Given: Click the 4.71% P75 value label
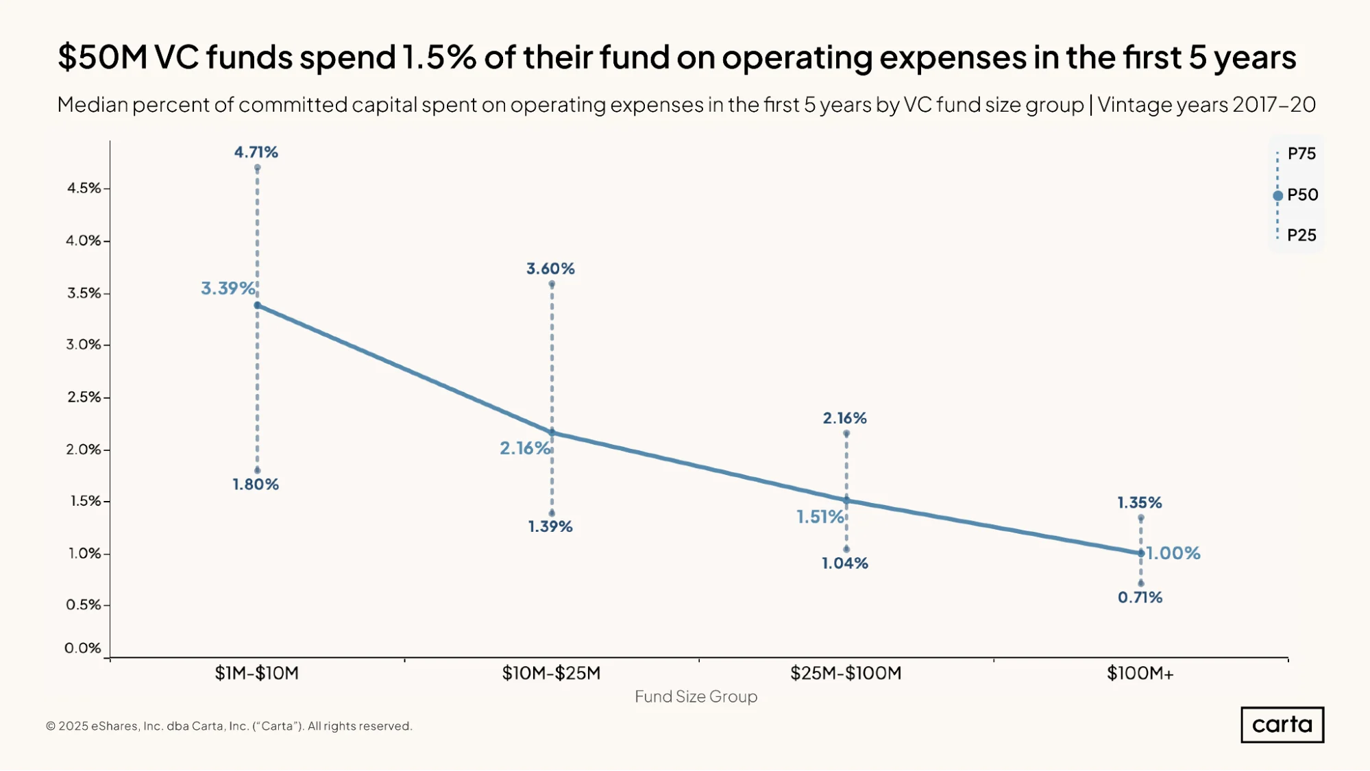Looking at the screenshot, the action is (256, 152).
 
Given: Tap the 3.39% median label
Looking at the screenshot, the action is (228, 289).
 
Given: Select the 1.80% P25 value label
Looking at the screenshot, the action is (256, 485).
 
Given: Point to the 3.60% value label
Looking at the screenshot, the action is (550, 269).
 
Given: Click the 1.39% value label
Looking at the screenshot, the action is (550, 527).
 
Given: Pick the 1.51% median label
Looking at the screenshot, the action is (820, 517).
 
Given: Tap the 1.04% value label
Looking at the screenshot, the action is (845, 563).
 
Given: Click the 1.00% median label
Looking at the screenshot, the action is (1173, 553).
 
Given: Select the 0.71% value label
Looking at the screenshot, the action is (1140, 598).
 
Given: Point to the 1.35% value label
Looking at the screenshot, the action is (1140, 503).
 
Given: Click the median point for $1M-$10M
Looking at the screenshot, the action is (257, 306).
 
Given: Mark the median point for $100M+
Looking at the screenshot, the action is (1141, 553).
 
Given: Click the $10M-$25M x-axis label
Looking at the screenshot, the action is (551, 674).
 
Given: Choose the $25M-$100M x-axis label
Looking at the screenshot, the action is (846, 674).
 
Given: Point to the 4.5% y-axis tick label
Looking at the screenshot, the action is (84, 188).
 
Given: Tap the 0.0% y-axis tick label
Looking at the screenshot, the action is (83, 648).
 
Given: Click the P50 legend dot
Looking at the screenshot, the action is (1277, 196).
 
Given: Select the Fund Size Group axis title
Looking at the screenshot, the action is (696, 697).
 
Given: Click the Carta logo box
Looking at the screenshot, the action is (1282, 725).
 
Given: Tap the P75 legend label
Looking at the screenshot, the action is (1301, 154).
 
